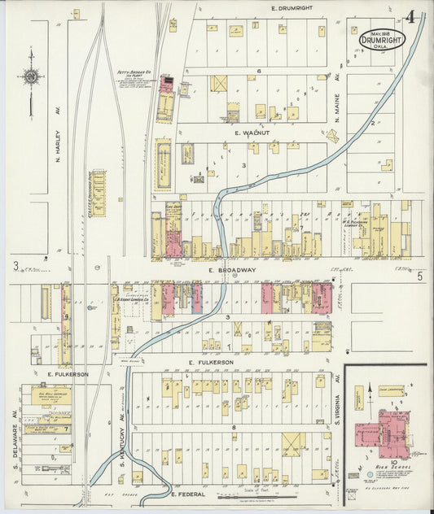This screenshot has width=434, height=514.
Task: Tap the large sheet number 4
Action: (x=412, y=17)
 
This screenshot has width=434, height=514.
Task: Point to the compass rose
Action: (x=31, y=77)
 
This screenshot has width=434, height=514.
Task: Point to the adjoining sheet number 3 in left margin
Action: (x=15, y=265)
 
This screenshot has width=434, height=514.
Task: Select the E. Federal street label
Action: (x=192, y=493)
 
